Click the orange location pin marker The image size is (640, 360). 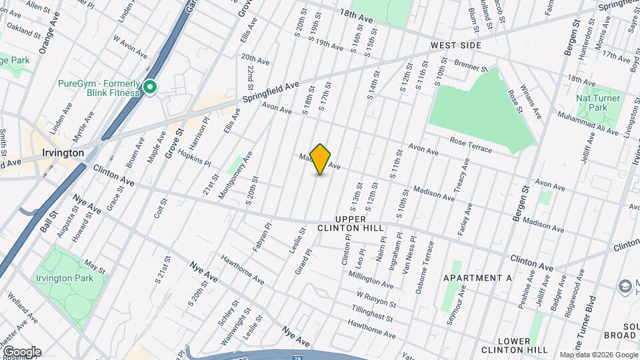point(321,159)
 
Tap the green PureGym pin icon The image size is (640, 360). point(151,87)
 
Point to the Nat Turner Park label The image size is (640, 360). point(598,103)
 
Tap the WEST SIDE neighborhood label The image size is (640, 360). point(455,45)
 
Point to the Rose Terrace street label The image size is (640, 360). point(471,145)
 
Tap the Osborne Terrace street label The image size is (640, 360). point(426,262)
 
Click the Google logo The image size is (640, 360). point(21,352)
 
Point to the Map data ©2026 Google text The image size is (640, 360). point(597,355)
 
